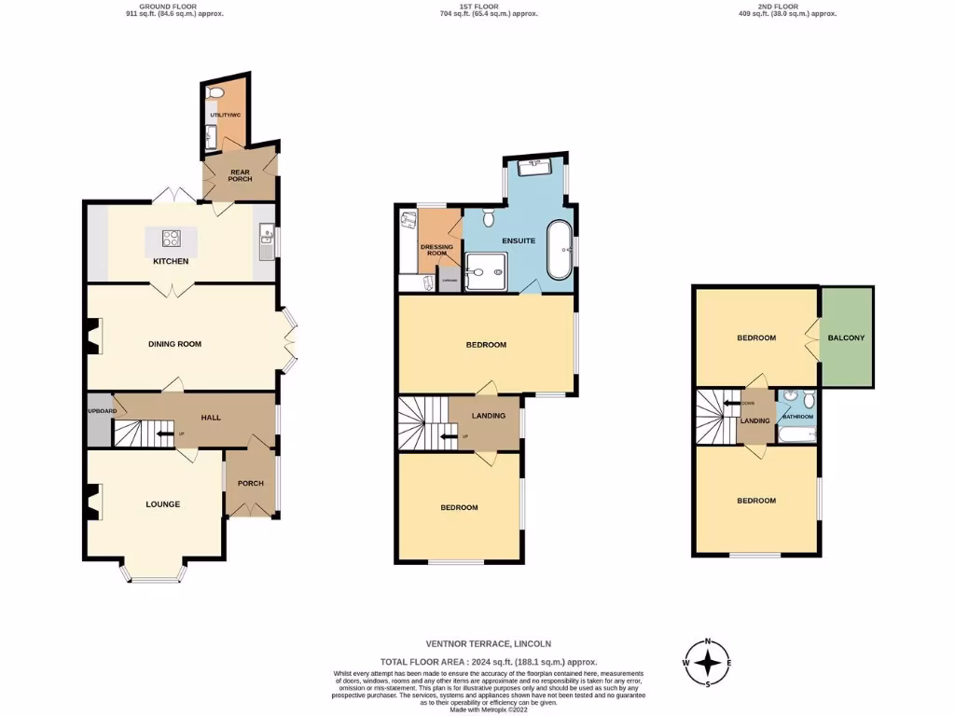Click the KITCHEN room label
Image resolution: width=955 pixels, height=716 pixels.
(x=171, y=261)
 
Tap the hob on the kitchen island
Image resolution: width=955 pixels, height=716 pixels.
(x=173, y=238)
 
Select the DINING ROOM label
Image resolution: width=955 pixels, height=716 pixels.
(x=174, y=344)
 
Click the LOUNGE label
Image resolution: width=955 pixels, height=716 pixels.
(x=162, y=503)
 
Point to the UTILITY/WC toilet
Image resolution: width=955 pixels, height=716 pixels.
(x=216, y=94)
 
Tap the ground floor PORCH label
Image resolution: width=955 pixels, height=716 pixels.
(x=250, y=483)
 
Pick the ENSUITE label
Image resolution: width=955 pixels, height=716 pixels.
(x=519, y=241)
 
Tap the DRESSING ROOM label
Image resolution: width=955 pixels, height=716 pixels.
(x=439, y=250)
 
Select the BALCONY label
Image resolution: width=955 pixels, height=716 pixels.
(x=846, y=337)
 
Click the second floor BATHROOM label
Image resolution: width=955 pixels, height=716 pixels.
(x=797, y=417)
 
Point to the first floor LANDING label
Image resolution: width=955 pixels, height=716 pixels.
(x=489, y=416)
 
